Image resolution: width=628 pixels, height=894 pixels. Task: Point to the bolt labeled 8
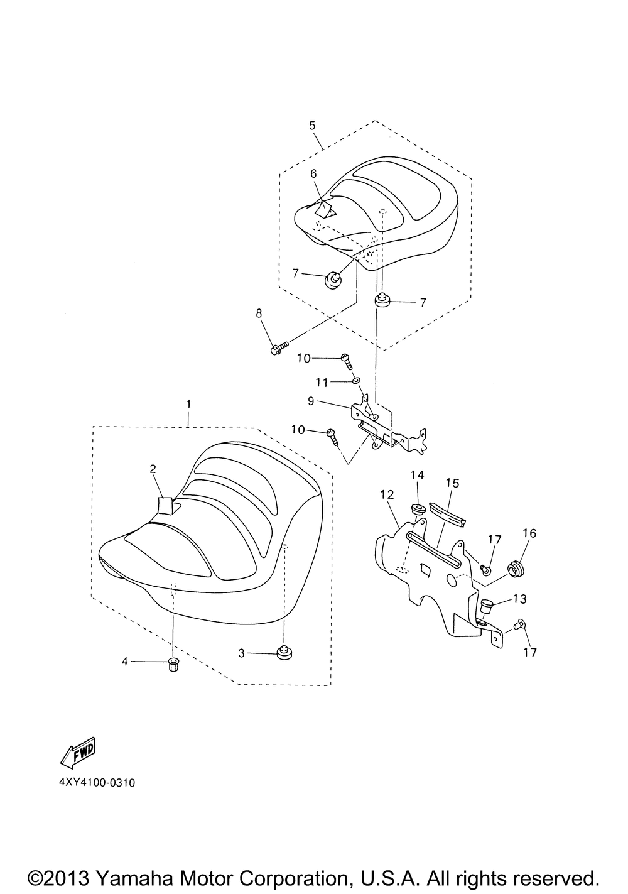[278, 347]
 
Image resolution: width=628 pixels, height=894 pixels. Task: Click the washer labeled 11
[356, 380]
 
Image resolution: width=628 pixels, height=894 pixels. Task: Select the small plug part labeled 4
[173, 663]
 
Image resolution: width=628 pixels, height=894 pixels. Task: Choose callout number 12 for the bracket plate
[387, 495]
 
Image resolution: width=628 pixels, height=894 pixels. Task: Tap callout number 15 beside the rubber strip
[452, 483]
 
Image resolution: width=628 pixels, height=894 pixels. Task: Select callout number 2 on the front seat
[152, 468]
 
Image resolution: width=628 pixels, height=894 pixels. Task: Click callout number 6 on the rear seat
[313, 173]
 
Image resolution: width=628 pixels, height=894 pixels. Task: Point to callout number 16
[529, 533]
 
